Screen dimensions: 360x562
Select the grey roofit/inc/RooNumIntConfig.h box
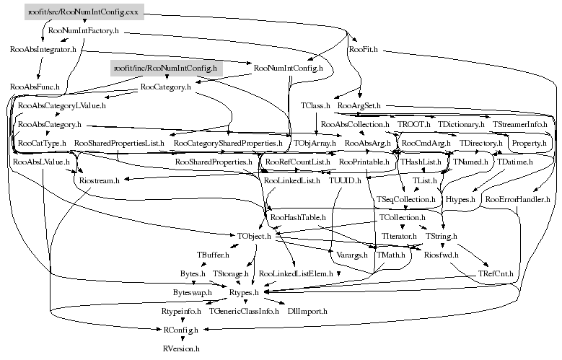165,69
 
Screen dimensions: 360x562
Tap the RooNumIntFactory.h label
83,32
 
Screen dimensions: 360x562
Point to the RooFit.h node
362,51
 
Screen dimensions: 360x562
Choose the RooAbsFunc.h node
34,87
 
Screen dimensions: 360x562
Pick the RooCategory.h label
165,87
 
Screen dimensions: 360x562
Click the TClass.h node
315,106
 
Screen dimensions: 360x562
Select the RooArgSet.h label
359,106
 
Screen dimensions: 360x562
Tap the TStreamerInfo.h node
519,125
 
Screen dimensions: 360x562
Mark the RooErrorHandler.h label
517,198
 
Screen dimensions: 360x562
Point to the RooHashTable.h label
298,216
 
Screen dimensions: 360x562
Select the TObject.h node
253,235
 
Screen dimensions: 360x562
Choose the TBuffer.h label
213,255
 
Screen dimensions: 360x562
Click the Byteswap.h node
192,292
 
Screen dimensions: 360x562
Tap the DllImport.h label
307,311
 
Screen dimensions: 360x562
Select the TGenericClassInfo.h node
244,311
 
